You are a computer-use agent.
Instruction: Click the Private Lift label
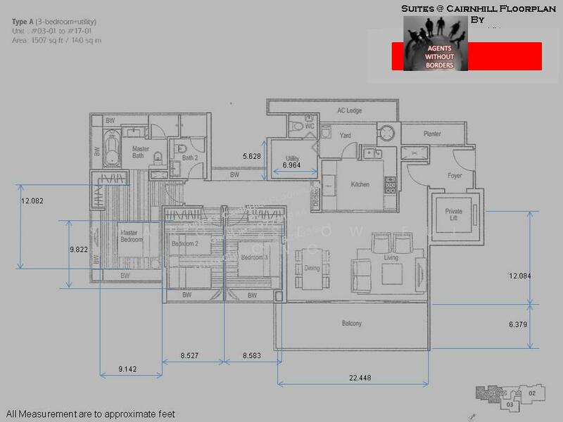454,215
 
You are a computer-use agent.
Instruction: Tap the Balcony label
352,324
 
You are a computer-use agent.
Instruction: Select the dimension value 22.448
360,378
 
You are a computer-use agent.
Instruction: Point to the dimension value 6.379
520,324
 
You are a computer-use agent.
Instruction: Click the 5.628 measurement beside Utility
251,156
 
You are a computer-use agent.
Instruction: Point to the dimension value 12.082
32,201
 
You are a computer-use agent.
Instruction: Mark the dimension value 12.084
520,276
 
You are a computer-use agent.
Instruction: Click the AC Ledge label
349,110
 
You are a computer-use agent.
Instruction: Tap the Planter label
432,134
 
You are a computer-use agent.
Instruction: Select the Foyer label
455,175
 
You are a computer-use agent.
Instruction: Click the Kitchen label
360,185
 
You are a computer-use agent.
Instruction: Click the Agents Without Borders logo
435,44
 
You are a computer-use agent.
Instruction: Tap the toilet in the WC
297,127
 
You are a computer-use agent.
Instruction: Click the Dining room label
312,268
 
